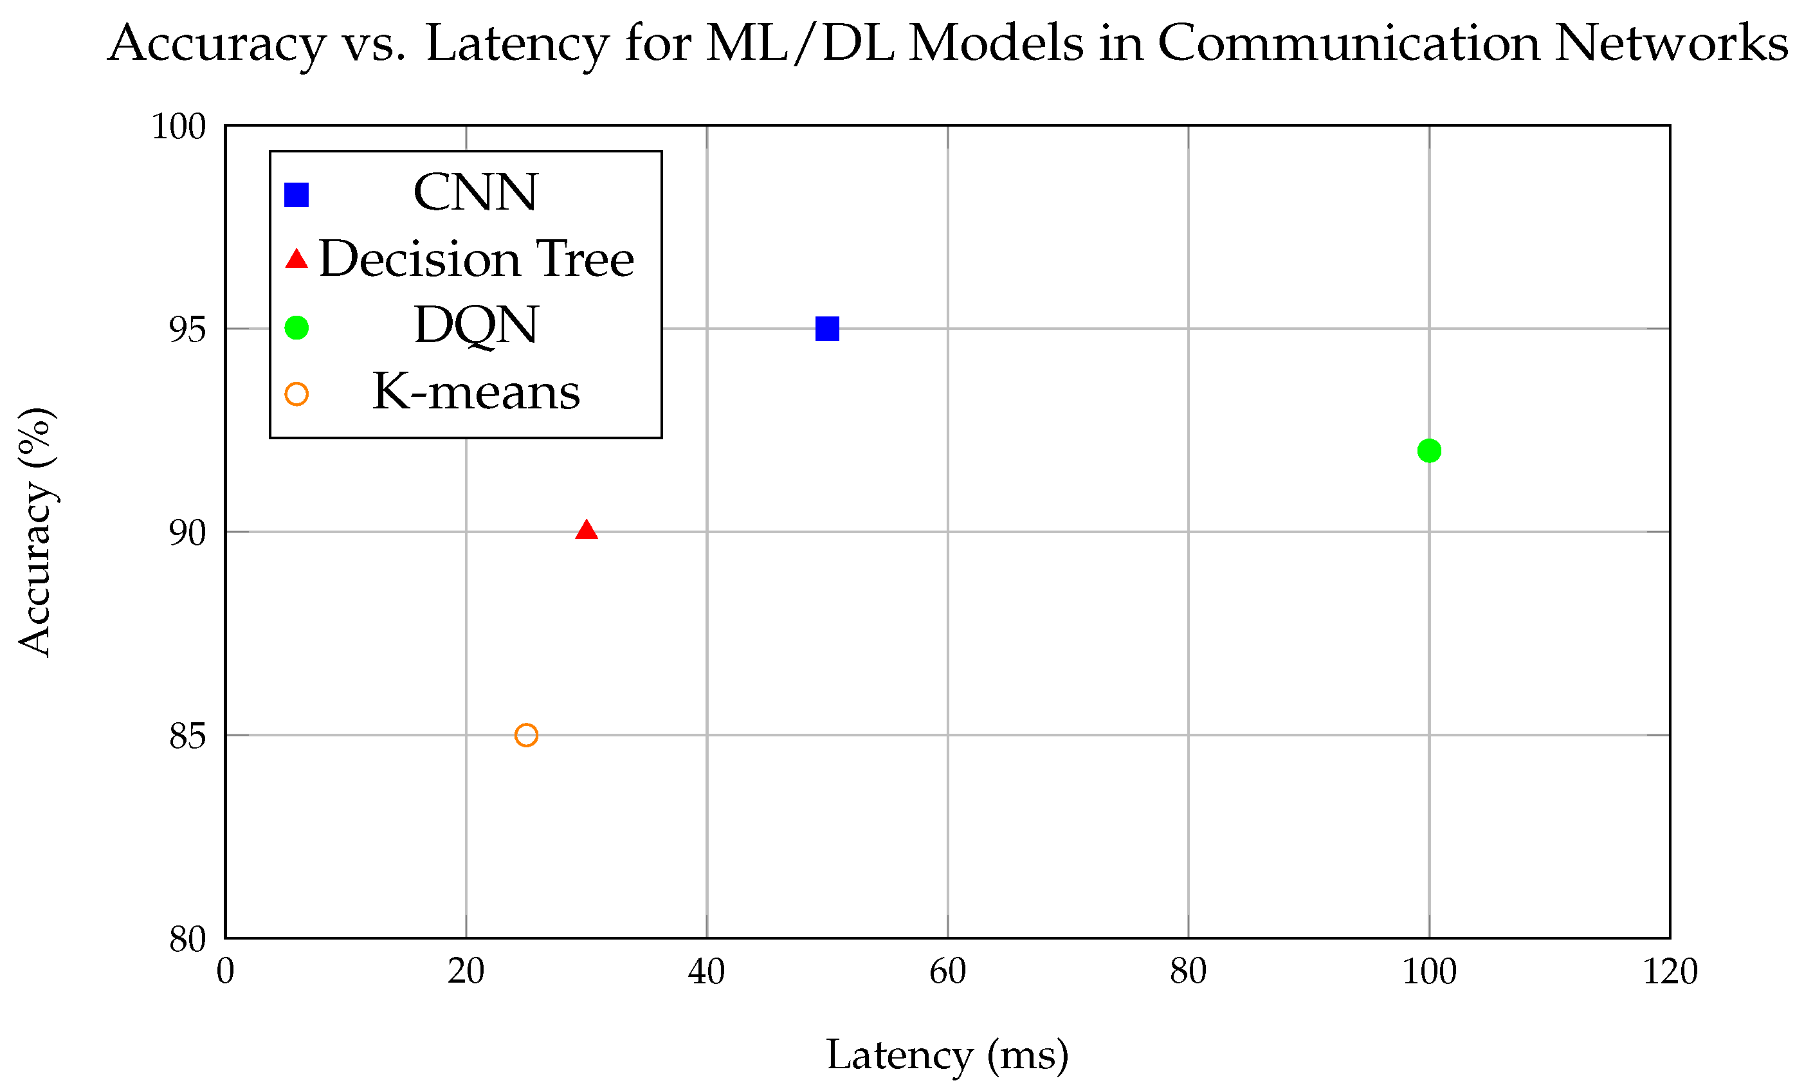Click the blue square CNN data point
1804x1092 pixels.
[826, 329]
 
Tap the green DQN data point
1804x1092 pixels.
[1429, 451]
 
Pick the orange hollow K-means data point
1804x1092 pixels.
[527, 735]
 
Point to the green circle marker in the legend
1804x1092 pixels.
[296, 327]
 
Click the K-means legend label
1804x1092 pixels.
[476, 392]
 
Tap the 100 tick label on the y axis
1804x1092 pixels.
[179, 127]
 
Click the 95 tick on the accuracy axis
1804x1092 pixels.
[187, 329]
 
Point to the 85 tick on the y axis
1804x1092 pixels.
[187, 736]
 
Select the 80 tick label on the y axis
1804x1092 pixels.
[187, 939]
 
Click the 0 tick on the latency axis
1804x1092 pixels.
[226, 972]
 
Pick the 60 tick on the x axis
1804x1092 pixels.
[947, 972]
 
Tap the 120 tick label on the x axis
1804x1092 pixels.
[1670, 972]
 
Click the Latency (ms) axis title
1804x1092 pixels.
[947, 1055]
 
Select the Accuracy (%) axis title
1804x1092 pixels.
[35, 532]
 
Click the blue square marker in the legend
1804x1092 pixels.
[296, 195]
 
